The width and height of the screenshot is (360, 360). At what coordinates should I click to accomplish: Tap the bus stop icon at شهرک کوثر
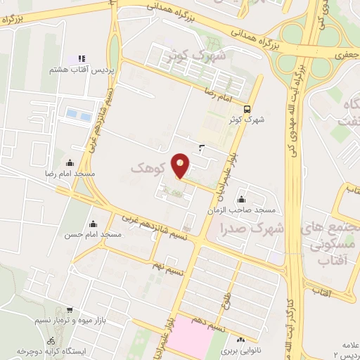pos(247,109)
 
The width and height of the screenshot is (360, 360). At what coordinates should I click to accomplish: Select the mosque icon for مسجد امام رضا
pos(69,163)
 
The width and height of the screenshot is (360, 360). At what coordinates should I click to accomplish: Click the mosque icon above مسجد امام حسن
pos(93,224)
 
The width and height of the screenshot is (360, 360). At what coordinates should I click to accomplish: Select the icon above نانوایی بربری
pos(240,339)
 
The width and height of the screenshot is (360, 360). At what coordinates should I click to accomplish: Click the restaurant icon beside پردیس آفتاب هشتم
pos(82,58)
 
